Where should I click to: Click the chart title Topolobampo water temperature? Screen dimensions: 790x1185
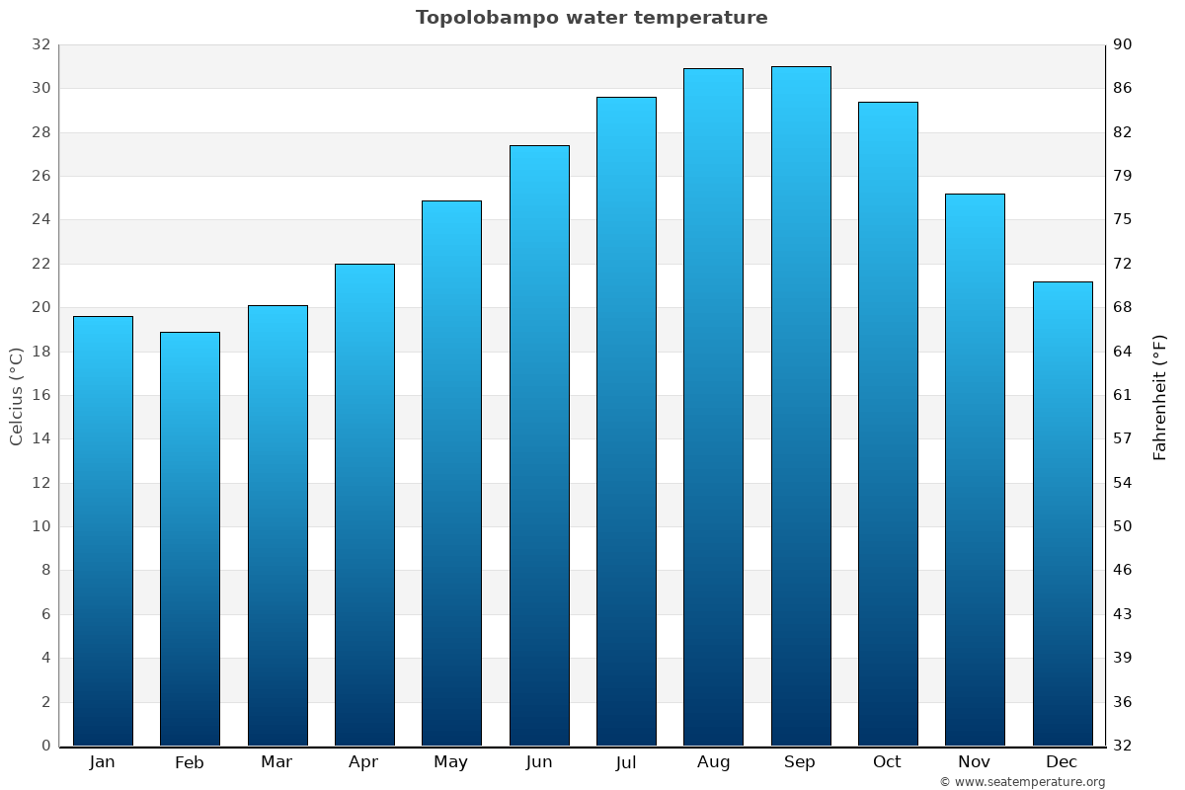[x=592, y=18]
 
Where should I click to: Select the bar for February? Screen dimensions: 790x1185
[x=190, y=538]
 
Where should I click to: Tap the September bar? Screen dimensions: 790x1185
[x=800, y=405]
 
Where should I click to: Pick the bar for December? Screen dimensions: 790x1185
[x=1062, y=513]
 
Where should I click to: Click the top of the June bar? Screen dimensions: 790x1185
[x=539, y=147]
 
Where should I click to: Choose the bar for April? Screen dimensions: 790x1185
[x=364, y=504]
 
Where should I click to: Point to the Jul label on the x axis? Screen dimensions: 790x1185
[x=626, y=762]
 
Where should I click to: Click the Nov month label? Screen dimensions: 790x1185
[x=974, y=762]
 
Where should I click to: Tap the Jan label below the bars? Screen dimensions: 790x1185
[x=103, y=762]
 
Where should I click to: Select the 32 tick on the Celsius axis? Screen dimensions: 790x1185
[x=40, y=44]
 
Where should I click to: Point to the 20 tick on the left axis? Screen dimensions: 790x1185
[x=40, y=307]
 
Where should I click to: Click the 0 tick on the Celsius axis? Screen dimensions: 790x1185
[x=45, y=746]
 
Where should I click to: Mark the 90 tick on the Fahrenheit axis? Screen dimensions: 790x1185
[x=1123, y=44]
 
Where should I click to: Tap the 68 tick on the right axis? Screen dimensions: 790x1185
[x=1123, y=307]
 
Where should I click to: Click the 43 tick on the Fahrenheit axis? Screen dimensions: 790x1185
[x=1123, y=614]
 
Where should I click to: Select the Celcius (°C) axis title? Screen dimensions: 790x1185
[x=17, y=396]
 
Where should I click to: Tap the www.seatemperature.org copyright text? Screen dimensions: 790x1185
[x=1022, y=782]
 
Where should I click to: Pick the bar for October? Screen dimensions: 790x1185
[x=888, y=425]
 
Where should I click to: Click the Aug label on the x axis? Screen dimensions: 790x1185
[x=713, y=762]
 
